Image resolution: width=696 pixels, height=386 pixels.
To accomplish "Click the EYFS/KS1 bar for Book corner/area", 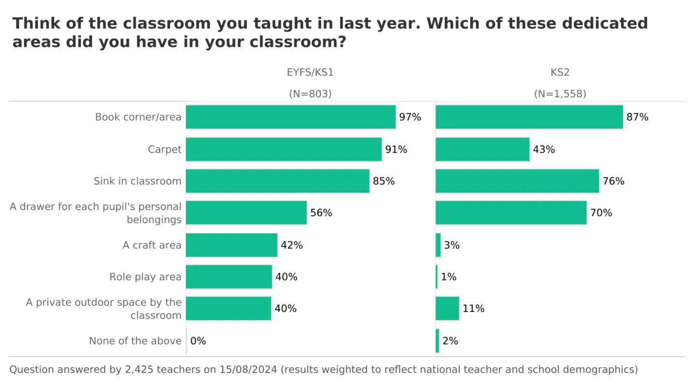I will (x=290, y=117).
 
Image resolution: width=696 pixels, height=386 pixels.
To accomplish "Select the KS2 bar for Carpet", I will (x=482, y=150).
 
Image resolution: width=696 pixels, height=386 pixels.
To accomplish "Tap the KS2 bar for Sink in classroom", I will (x=517, y=181).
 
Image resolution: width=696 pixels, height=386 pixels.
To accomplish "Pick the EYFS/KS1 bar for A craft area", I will (x=232, y=245).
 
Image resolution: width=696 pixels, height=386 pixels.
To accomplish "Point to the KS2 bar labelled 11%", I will (x=447, y=308).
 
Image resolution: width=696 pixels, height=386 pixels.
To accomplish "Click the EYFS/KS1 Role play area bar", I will (x=229, y=277).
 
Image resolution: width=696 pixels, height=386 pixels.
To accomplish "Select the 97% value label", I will (x=410, y=117).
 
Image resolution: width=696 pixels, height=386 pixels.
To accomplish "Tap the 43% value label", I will (x=544, y=150).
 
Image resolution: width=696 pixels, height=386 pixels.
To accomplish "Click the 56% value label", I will (x=321, y=213).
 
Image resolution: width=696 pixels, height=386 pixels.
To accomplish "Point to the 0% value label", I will (x=198, y=341).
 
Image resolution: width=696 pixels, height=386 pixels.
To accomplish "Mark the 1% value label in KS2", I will (x=449, y=277).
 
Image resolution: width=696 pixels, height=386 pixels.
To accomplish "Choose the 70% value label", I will (x=601, y=213).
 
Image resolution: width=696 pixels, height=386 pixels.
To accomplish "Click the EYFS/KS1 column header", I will (x=310, y=73).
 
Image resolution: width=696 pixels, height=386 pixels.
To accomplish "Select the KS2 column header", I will (x=560, y=73).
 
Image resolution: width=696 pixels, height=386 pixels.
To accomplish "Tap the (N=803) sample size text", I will (x=310, y=94).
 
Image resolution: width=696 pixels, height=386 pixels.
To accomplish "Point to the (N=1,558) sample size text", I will (x=560, y=94).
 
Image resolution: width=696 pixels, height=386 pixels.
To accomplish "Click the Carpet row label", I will (x=165, y=150).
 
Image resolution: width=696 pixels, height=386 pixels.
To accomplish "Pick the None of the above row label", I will (x=135, y=341).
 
